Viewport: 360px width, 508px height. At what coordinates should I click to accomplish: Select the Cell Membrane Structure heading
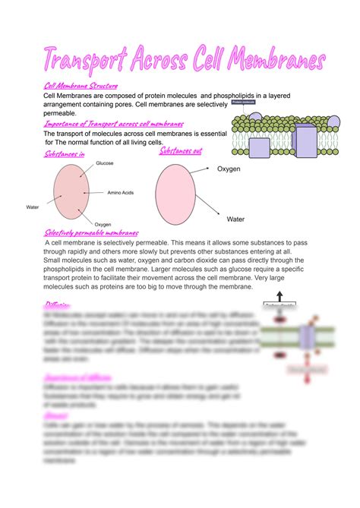(81, 87)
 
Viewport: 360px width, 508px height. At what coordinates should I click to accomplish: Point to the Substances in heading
(65, 154)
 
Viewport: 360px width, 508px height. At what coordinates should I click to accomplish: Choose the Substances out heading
(181, 151)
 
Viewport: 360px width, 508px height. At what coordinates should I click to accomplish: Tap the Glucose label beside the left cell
(104, 163)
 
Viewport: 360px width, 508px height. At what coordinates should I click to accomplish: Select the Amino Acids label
(121, 194)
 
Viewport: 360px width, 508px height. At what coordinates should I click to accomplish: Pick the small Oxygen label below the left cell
(103, 224)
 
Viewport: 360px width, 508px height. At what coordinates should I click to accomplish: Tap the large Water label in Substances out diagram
(236, 219)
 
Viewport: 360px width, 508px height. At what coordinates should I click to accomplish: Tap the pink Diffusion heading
(58, 305)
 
